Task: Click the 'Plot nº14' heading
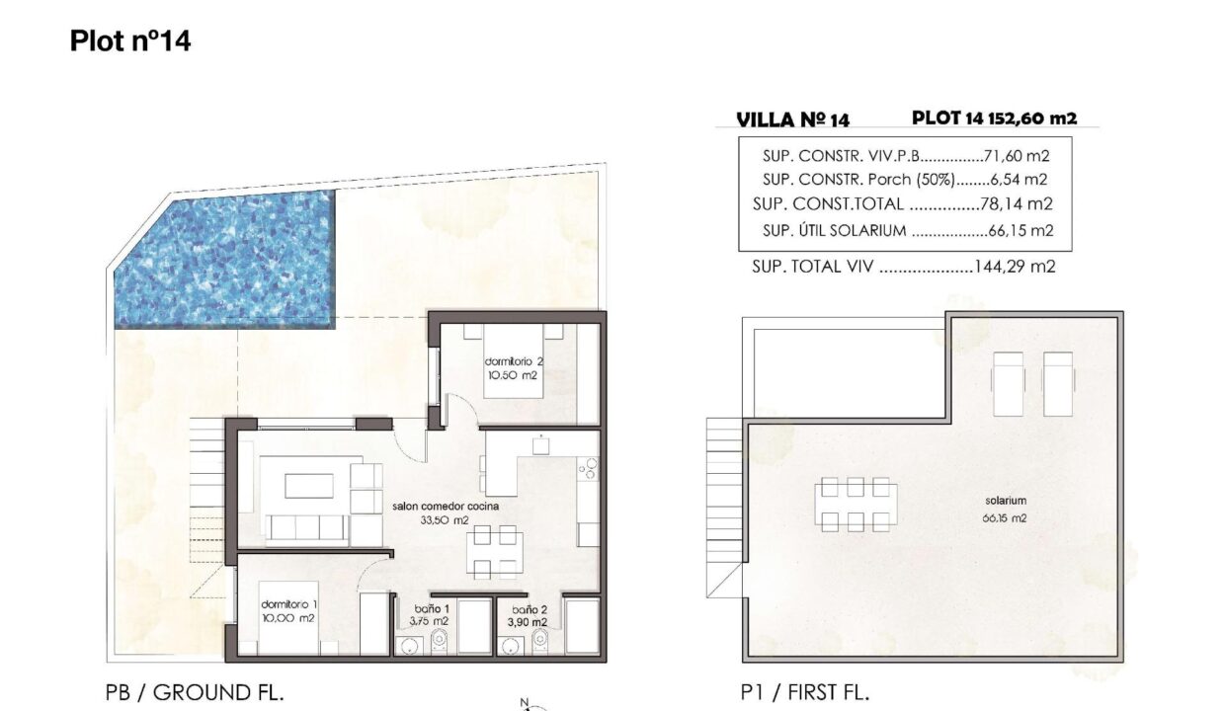pos(130,41)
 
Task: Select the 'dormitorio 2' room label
pos(514,361)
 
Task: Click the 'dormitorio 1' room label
pos(288,604)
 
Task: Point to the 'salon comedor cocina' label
pos(446,506)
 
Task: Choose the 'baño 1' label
pos(432,609)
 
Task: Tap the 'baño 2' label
pos(530,609)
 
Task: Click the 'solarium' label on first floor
pos(1006,500)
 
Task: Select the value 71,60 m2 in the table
pos(1017,156)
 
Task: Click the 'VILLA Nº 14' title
pos(793,120)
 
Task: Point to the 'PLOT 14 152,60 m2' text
pos(994,118)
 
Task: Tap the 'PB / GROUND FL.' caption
pos(195,692)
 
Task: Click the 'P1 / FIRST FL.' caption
pos(805,692)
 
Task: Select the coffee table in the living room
pos(309,486)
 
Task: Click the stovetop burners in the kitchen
pos(588,469)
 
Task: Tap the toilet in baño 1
pos(440,641)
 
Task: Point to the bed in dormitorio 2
pos(513,360)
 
